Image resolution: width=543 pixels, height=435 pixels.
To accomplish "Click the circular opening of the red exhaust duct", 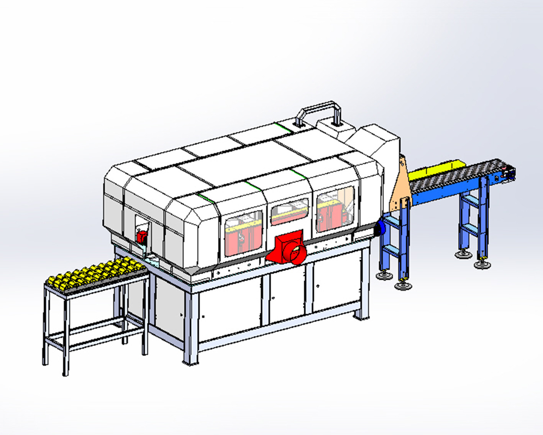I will click(x=297, y=254).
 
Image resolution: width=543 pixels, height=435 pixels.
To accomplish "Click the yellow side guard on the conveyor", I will click(x=437, y=170).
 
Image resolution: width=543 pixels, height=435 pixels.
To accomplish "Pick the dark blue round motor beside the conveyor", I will click(x=381, y=228).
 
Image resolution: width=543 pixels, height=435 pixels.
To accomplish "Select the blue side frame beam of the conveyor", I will click(x=441, y=196).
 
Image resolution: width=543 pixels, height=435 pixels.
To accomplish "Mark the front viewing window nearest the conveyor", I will click(x=335, y=209).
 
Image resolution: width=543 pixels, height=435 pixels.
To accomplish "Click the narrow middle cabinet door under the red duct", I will click(x=288, y=293).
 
